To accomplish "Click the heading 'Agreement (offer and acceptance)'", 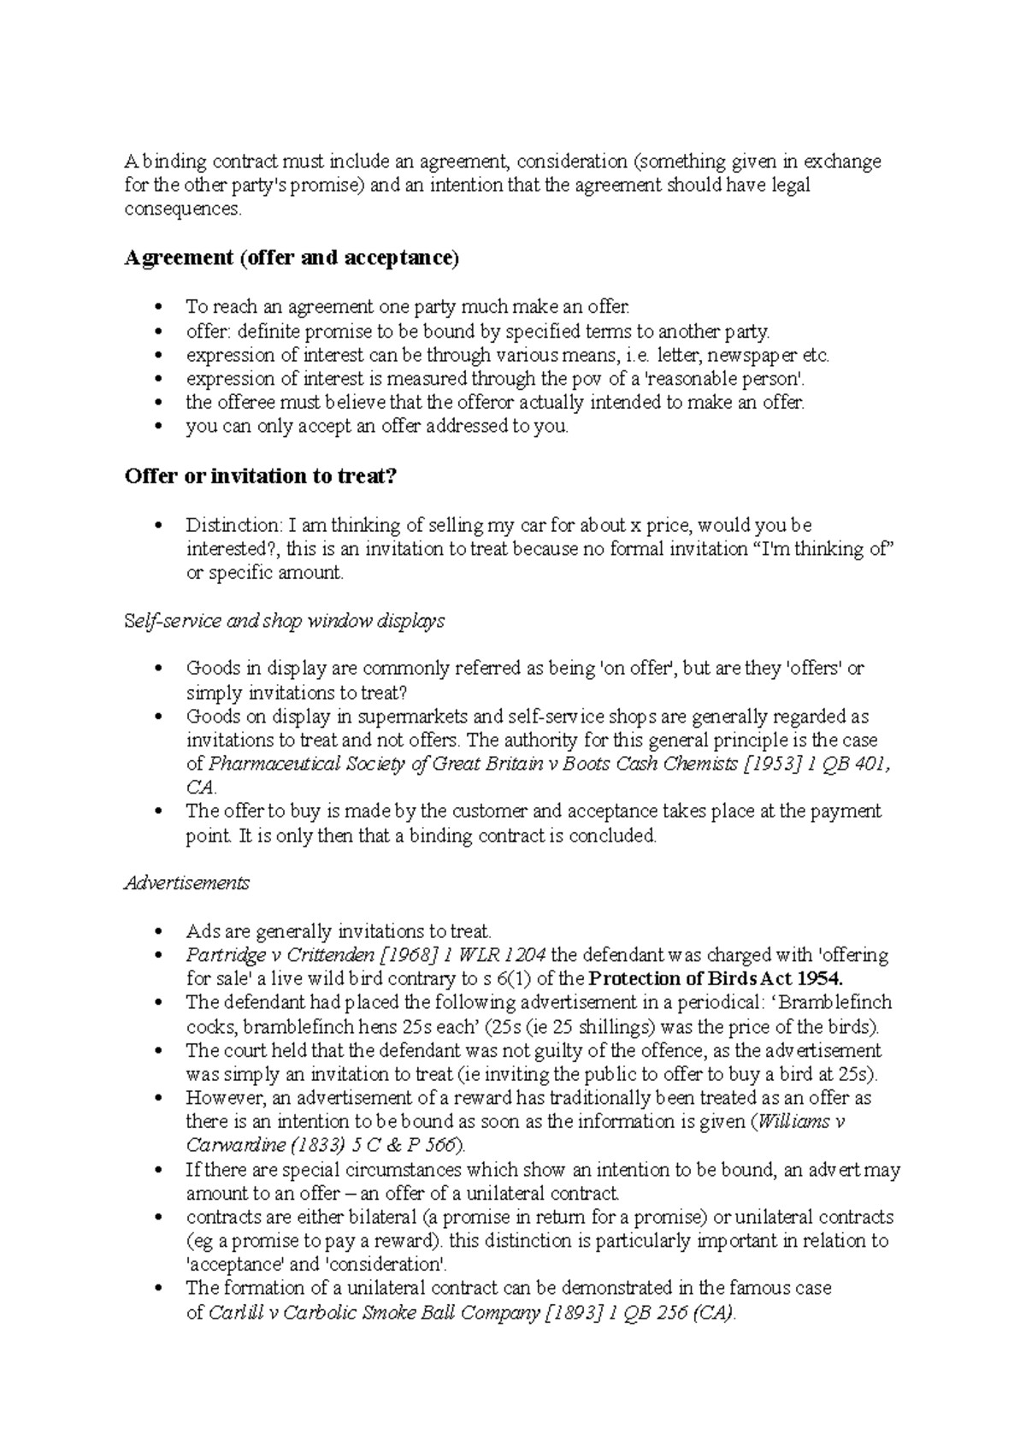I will pyautogui.click(x=292, y=258).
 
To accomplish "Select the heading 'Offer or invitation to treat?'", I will pyautogui.click(x=262, y=476).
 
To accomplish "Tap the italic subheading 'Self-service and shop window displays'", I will pyautogui.click(x=284, y=621).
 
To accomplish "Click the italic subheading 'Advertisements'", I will pyautogui.click(x=186, y=883).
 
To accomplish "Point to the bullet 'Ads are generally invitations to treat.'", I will pyautogui.click(x=339, y=930).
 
